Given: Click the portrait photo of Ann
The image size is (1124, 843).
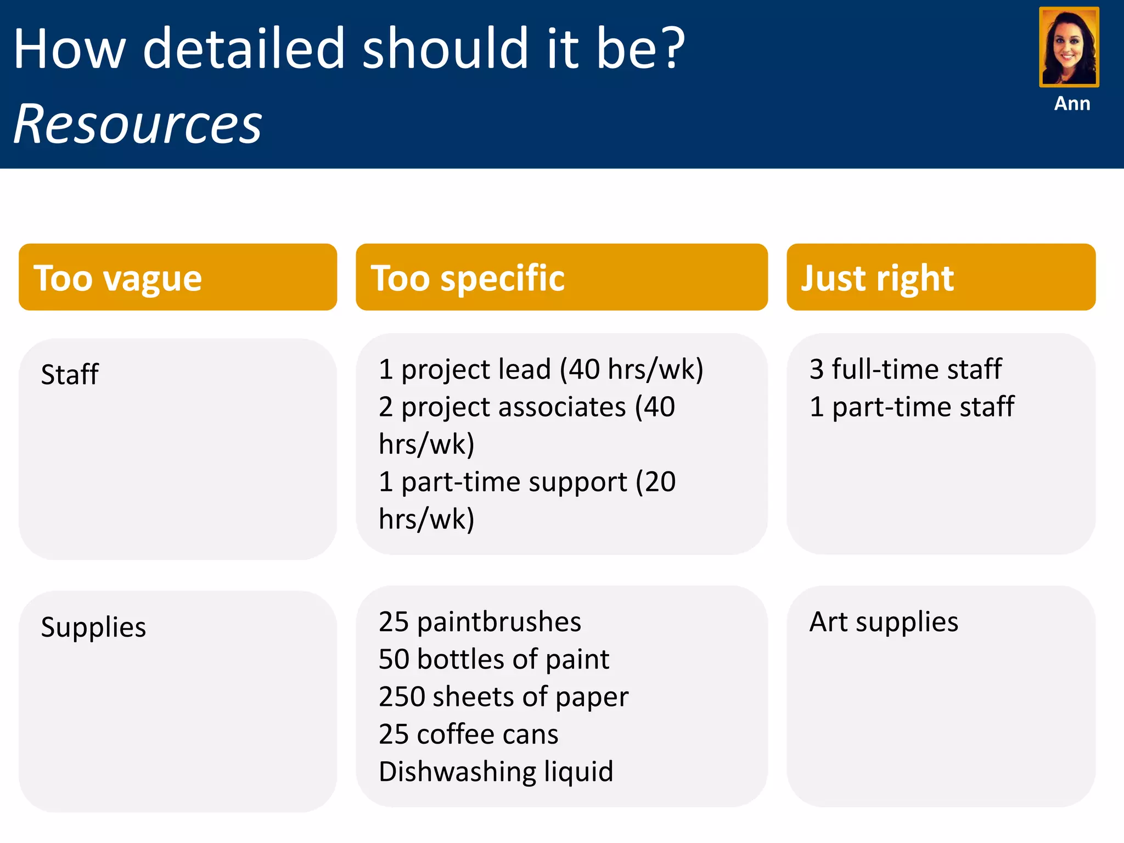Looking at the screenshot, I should (1069, 47).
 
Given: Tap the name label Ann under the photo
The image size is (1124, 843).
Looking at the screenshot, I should (1072, 103).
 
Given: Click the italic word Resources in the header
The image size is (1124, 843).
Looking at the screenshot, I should (138, 124).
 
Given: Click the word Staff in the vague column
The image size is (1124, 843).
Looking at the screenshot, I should (70, 374).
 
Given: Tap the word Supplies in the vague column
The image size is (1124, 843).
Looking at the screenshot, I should (93, 627).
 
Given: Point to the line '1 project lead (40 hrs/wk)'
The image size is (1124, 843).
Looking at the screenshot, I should (541, 369).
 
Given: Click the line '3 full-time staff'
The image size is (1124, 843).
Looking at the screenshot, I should (905, 369).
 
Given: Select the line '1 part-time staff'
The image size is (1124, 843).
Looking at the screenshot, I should (912, 407).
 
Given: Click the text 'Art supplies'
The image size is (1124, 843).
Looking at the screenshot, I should (884, 622).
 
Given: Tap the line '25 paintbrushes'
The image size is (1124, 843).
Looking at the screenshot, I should (480, 622).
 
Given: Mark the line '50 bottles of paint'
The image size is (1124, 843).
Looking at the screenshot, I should (493, 659).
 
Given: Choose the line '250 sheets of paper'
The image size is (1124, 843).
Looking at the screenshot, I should (503, 696).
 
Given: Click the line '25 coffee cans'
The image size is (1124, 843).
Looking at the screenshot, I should (468, 734).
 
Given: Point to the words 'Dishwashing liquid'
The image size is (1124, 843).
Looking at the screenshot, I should (496, 772).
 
